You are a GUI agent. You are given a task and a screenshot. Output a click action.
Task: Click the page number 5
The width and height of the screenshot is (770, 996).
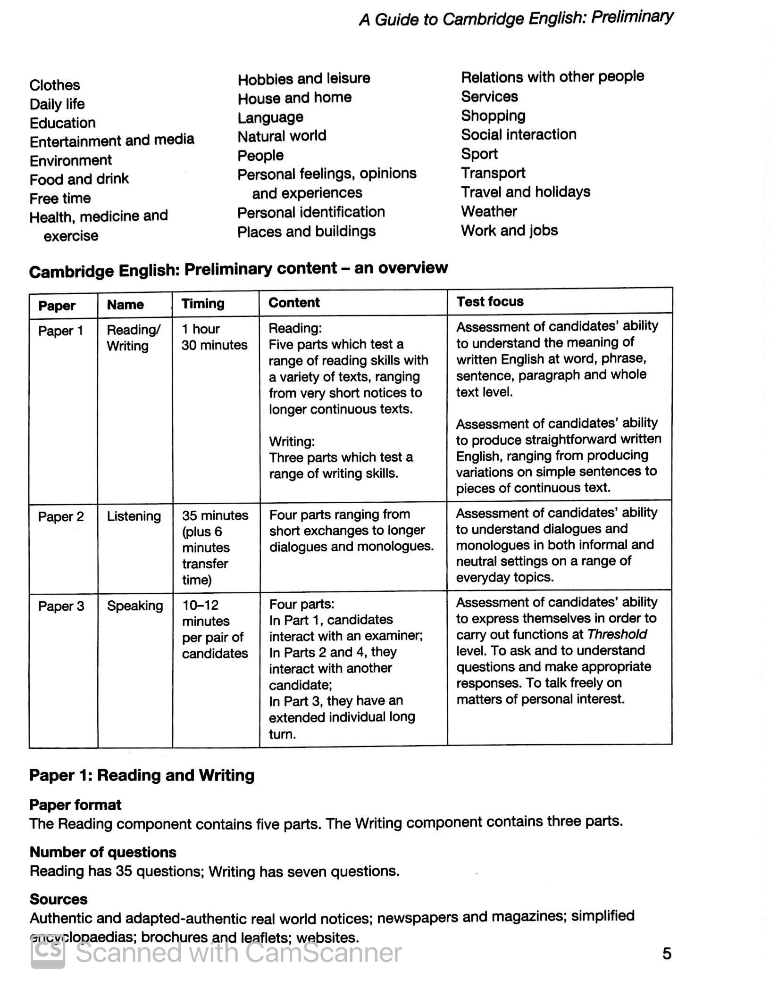[666, 953]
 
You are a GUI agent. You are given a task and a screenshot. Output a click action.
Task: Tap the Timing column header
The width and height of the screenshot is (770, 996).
[203, 303]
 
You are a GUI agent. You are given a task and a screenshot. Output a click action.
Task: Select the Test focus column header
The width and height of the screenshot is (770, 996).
[490, 301]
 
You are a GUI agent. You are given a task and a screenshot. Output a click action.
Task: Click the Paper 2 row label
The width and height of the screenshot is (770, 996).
[61, 516]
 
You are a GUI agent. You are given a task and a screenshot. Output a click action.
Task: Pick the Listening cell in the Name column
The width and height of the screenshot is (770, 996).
[134, 516]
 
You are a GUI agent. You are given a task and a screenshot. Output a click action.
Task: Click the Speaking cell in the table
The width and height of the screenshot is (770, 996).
[135, 606]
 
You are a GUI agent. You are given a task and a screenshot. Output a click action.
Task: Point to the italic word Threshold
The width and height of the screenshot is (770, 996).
[617, 634]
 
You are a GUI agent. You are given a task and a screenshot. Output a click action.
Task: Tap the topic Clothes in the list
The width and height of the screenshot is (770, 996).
[55, 85]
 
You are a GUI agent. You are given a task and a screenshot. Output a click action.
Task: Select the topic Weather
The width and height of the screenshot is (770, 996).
[489, 211]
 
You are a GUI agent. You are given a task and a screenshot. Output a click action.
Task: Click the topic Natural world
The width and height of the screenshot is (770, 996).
[282, 136]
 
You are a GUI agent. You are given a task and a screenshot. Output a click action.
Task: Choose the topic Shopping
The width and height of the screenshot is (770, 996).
[493, 116]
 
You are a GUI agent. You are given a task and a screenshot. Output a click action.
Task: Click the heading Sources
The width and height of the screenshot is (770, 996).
[59, 899]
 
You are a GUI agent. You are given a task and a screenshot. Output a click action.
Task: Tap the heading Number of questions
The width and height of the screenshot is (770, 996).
[103, 852]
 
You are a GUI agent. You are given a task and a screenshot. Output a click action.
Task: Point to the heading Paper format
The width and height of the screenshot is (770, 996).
[75, 805]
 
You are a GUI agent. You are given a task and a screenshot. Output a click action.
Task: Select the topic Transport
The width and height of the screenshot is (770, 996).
[493, 173]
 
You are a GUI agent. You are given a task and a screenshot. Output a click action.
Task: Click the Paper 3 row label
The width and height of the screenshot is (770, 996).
[61, 606]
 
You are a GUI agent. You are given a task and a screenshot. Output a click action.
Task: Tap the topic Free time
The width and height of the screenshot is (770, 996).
[60, 198]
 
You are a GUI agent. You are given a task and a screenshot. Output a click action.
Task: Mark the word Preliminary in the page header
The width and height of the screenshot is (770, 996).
[632, 17]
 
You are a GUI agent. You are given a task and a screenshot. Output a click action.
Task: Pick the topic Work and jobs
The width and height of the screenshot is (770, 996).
[509, 230]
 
